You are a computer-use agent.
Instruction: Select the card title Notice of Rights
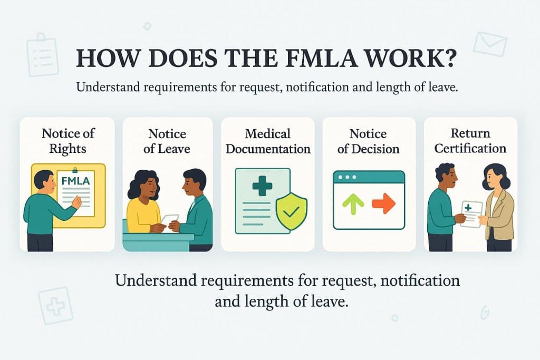[x=68, y=141]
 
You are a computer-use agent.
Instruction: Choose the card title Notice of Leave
[x=168, y=141]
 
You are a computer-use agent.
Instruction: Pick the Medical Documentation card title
[x=268, y=141]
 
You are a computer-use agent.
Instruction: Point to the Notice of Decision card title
[x=369, y=141]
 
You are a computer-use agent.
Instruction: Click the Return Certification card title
[x=470, y=140]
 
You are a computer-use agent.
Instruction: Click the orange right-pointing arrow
[x=383, y=203]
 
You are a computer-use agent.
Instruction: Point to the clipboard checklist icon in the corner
[x=42, y=55]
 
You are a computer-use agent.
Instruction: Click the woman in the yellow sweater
[x=143, y=203]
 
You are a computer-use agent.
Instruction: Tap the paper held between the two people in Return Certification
[x=470, y=214]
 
